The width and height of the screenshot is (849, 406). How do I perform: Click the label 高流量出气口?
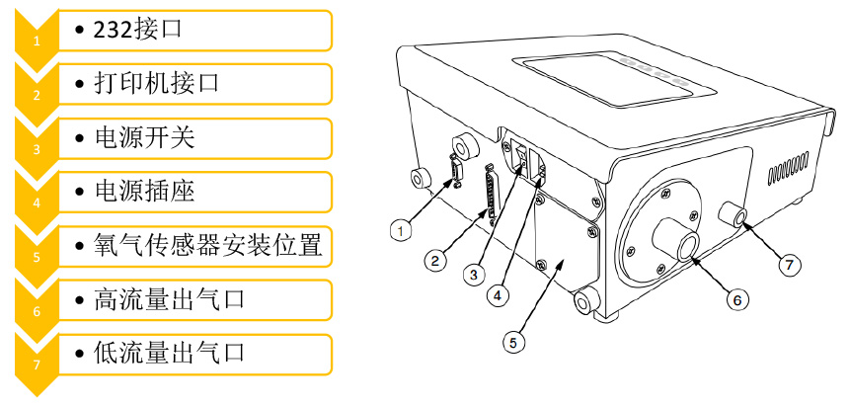(166, 297)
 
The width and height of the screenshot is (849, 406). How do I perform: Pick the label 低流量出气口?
(166, 351)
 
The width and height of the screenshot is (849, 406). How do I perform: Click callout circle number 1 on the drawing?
(400, 230)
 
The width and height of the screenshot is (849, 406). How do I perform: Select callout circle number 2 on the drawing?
(433, 261)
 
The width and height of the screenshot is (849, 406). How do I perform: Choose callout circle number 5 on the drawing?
(512, 342)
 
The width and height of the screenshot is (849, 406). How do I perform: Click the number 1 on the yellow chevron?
(37, 41)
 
